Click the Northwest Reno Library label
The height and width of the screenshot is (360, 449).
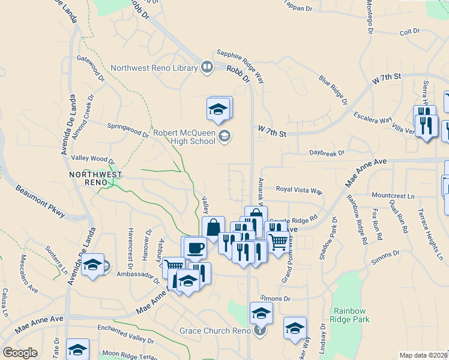[154, 68]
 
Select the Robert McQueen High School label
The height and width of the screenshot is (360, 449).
[184, 137]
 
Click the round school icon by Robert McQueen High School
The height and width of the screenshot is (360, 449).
[224, 136]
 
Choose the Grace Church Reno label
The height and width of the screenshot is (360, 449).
[214, 331]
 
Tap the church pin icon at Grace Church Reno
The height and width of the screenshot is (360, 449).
[259, 330]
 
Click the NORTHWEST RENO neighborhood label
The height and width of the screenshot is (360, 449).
[96, 178]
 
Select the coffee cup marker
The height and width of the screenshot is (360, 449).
[194, 247]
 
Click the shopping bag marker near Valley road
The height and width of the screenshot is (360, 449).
[213, 228]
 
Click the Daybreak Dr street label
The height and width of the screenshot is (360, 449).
[327, 153]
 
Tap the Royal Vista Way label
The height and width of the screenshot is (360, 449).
[299, 190]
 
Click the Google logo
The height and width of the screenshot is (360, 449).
[20, 353]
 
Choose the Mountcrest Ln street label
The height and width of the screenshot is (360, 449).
[393, 196]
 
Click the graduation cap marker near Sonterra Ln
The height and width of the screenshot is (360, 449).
[92, 266]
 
